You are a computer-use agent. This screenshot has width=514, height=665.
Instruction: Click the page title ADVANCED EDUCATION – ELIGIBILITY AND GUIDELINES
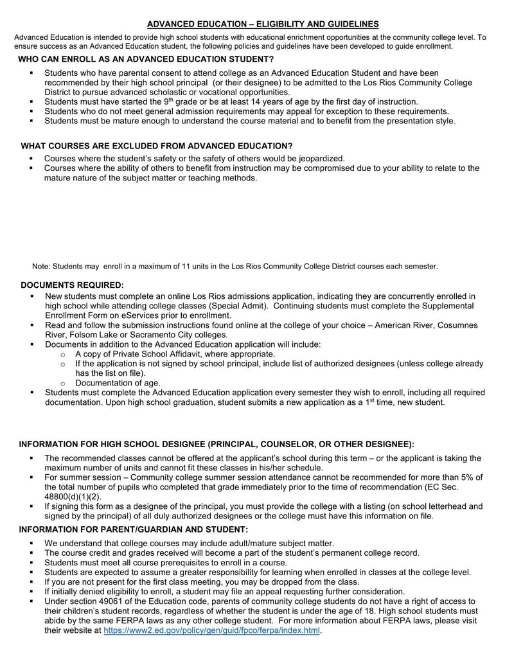click(x=263, y=24)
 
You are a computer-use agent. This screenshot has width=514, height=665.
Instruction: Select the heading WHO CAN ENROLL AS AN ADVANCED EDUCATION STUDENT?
click(x=146, y=59)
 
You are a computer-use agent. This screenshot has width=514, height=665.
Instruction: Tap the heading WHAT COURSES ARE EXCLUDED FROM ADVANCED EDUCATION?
click(x=157, y=146)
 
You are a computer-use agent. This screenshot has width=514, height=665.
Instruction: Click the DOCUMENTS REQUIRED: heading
click(x=72, y=284)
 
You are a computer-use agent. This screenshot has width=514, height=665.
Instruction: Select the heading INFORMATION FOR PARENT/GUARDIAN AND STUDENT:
click(x=133, y=529)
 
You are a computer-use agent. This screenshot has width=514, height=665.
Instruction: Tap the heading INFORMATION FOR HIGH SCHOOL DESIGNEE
click(x=216, y=444)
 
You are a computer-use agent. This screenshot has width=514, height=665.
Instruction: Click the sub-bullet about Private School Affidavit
click(x=175, y=354)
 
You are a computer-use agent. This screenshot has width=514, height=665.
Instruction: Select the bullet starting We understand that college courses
click(x=189, y=543)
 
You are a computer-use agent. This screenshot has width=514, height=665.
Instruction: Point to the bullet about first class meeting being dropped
click(x=201, y=581)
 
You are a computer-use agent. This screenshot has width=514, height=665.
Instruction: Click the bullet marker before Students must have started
click(x=31, y=102)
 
